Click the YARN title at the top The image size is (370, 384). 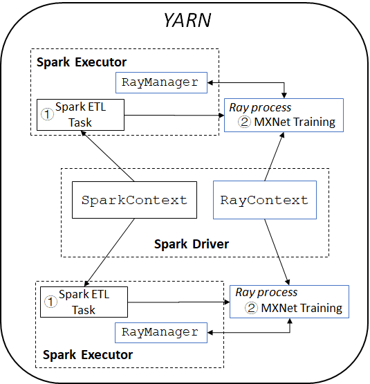click(187, 20)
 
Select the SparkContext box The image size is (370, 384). click(134, 201)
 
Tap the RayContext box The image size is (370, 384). click(264, 201)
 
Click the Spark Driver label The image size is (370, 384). click(192, 244)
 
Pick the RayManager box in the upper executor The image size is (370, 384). click(164, 82)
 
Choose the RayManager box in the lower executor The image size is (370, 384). click(160, 332)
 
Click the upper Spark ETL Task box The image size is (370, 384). click(80, 115)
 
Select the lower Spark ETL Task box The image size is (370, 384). click(84, 302)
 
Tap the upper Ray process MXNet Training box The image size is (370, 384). click(283, 115)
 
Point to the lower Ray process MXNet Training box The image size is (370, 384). click(289, 301)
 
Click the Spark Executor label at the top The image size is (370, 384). click(82, 62)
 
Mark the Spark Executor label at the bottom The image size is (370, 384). click(88, 355)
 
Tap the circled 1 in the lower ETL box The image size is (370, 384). click(50, 302)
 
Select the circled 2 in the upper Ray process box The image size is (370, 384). click(244, 122)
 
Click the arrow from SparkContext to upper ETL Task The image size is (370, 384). click(106, 156)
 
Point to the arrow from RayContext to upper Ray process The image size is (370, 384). click(274, 156)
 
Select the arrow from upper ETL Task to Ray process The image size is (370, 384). click(173, 115)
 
